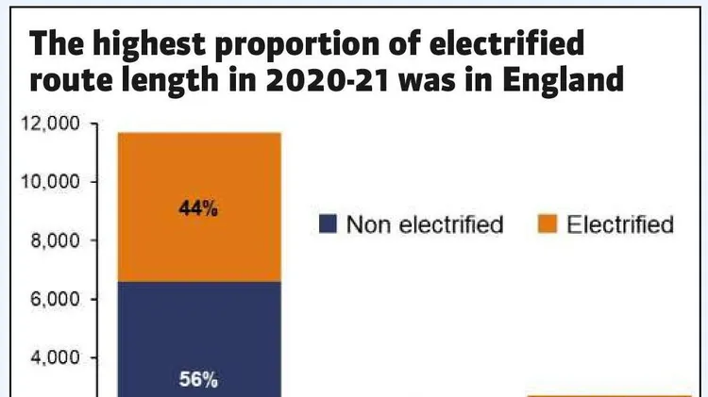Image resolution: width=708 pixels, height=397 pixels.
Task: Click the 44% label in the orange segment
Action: click(198, 209)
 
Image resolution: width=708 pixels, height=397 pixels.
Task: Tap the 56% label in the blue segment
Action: click(198, 381)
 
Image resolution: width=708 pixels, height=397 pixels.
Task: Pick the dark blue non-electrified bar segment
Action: click(198, 330)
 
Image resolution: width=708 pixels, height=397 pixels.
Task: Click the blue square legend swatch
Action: click(328, 224)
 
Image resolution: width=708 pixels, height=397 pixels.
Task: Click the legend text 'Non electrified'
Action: click(424, 224)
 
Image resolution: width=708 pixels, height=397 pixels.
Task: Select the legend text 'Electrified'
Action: click(620, 224)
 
